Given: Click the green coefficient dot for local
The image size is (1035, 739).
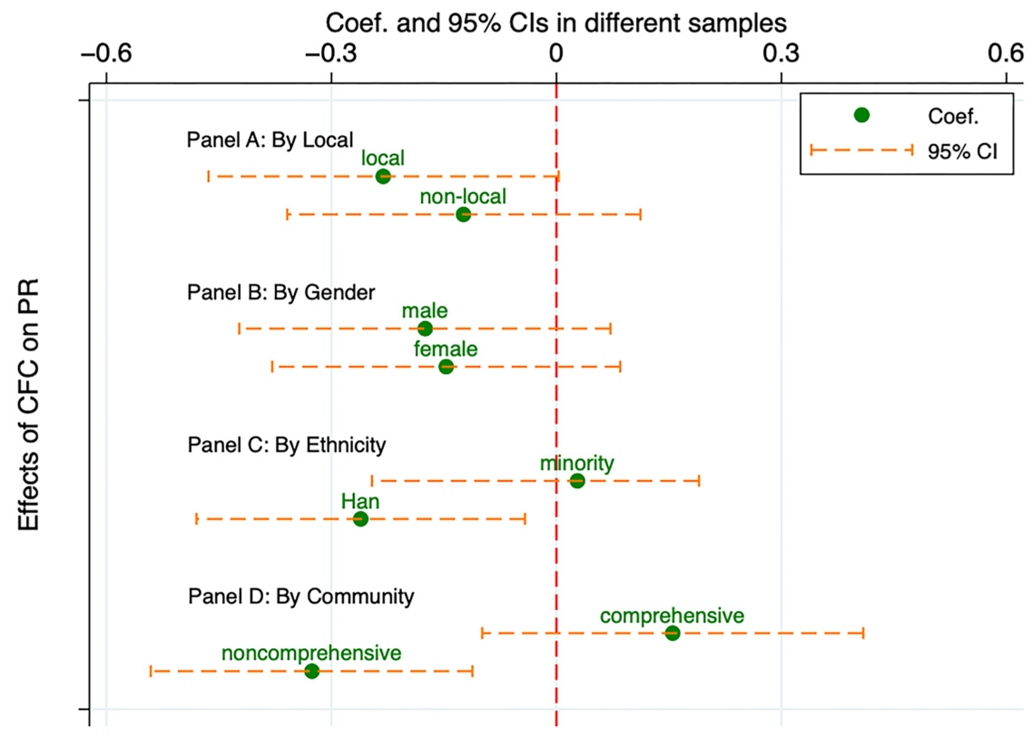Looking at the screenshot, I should tap(383, 176).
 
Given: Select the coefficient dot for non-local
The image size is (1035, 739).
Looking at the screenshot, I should tap(463, 214).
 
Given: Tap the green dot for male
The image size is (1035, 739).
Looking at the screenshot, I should tap(425, 328).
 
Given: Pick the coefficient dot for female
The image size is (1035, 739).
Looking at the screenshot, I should tap(446, 366).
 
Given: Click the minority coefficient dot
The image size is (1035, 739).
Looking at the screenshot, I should tap(577, 481).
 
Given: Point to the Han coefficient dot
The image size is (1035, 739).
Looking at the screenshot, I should tap(361, 519).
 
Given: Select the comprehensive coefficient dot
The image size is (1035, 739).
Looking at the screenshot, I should tap(672, 633).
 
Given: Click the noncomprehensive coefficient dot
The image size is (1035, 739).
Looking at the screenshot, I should tap(312, 671).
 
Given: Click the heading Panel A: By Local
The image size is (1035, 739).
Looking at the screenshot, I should tap(270, 140).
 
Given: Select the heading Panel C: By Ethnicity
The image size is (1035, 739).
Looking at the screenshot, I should tap(286, 444).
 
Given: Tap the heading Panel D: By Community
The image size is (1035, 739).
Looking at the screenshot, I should tap(301, 596).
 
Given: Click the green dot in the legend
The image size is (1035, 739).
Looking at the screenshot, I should tap(861, 116).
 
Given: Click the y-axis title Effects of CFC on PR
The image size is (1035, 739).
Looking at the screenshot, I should tap(28, 404).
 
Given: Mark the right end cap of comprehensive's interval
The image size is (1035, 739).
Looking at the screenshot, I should tap(863, 633).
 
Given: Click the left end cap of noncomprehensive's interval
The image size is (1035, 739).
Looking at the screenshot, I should tap(151, 671).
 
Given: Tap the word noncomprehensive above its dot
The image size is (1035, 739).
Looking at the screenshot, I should tap(312, 654).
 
